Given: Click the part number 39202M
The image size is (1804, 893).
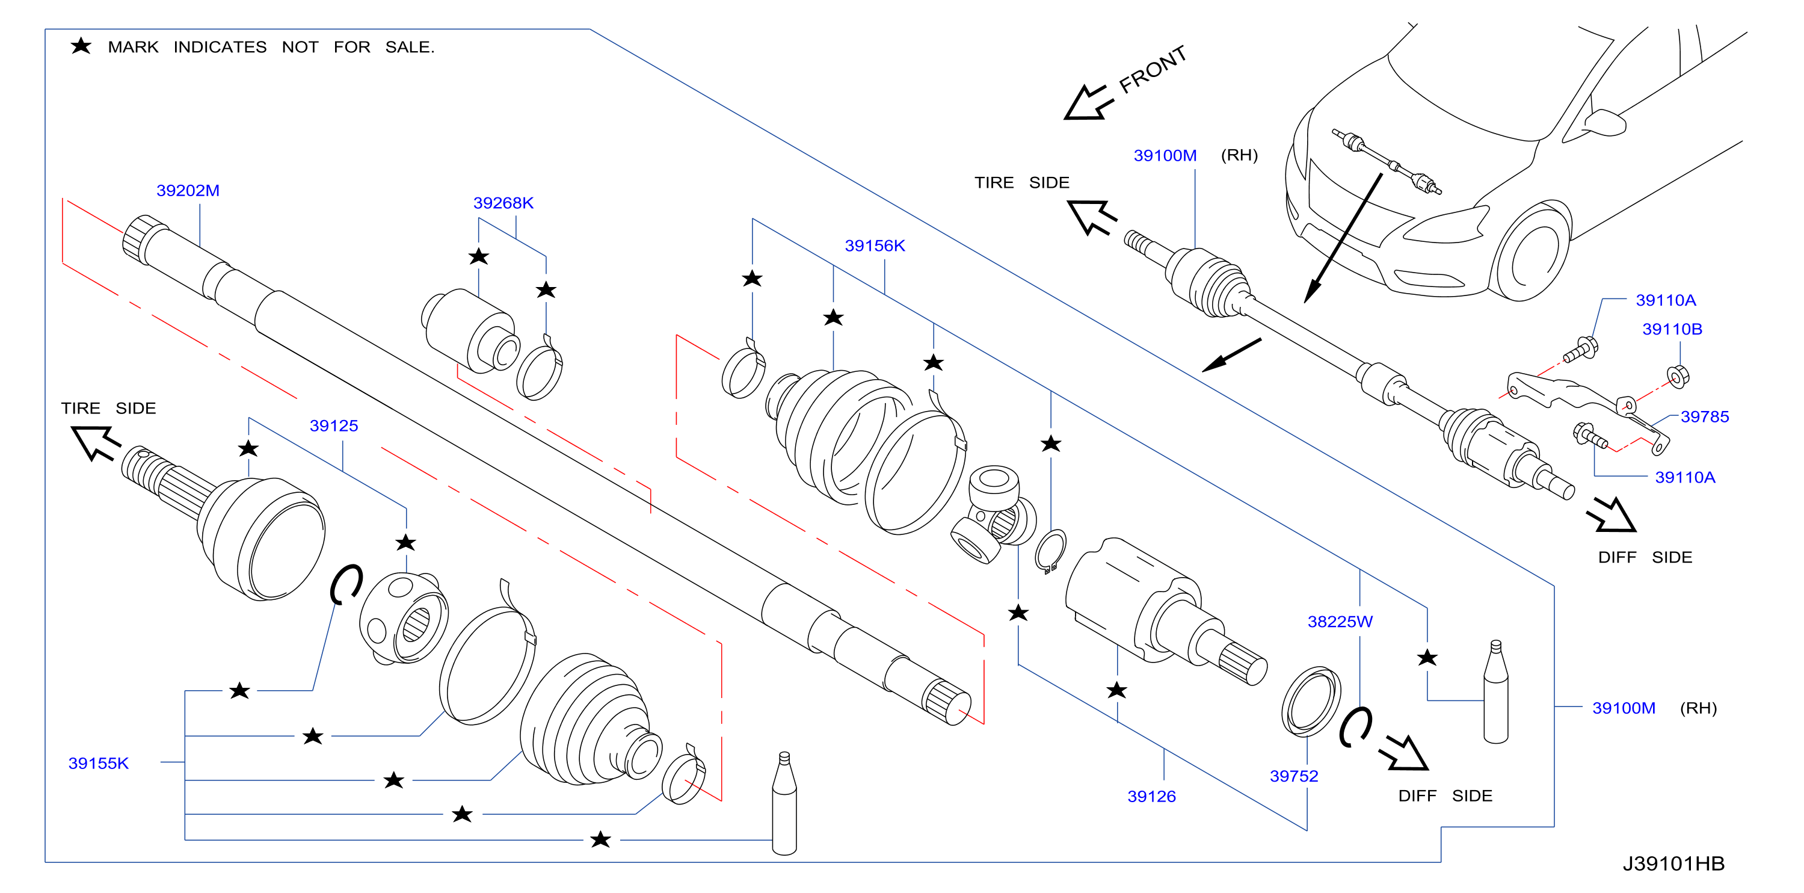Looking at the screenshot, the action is [x=188, y=191].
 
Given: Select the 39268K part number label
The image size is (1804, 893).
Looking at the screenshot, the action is [x=503, y=203].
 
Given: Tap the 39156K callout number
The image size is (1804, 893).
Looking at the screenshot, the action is [x=875, y=246].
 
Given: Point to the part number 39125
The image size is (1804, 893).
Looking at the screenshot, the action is [x=333, y=426].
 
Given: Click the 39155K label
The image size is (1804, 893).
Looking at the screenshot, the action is [x=98, y=764].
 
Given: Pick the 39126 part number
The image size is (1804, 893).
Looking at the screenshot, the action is [x=1151, y=796].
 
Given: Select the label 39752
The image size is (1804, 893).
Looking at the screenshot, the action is [x=1293, y=776].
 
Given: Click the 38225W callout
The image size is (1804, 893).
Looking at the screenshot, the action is [x=1340, y=621].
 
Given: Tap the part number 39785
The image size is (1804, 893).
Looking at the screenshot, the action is [x=1705, y=417].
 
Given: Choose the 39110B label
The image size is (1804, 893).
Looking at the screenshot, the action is [x=1672, y=329].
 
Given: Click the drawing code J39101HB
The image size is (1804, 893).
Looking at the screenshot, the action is [x=1673, y=864].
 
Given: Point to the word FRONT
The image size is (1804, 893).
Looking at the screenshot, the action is [x=1153, y=69].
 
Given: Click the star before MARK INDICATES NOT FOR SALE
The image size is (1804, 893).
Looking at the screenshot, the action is [x=81, y=46].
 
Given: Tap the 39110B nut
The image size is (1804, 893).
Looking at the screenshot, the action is [x=1678, y=377].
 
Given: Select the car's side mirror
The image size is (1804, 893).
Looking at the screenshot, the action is [x=1604, y=123].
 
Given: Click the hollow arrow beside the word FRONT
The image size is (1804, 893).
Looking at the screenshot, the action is [x=1088, y=103].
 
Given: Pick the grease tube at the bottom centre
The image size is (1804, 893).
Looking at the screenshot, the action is [x=784, y=803].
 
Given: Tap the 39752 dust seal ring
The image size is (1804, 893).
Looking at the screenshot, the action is [x=1311, y=702].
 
